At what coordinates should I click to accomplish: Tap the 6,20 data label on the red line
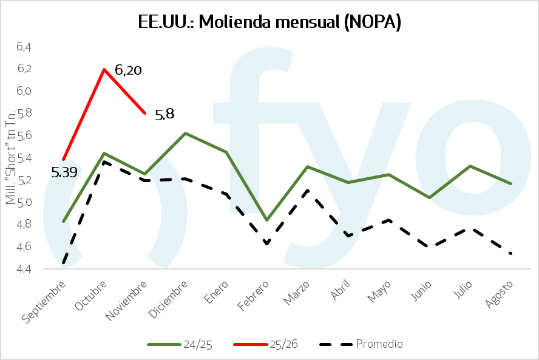(128, 70)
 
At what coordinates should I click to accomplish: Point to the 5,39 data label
(64, 172)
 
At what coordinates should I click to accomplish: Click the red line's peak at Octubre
(104, 69)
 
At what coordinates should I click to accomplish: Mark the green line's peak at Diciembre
(185, 133)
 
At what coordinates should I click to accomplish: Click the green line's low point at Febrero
(266, 220)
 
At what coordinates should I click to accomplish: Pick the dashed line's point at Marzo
(308, 191)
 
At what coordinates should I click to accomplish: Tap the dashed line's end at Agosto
(511, 253)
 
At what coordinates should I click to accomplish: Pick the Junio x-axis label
(419, 293)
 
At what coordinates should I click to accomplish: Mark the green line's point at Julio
(470, 166)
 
